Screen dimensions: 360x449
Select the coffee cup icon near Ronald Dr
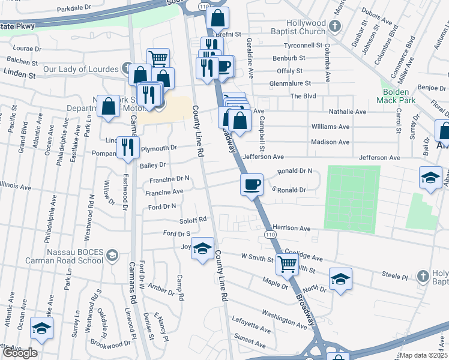(252, 184)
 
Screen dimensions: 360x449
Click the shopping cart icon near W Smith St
(288, 263)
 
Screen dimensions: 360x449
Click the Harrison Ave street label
(291, 229)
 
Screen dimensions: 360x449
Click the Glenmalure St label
(291, 83)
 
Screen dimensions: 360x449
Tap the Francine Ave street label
(164, 192)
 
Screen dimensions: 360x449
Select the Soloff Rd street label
(193, 220)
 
